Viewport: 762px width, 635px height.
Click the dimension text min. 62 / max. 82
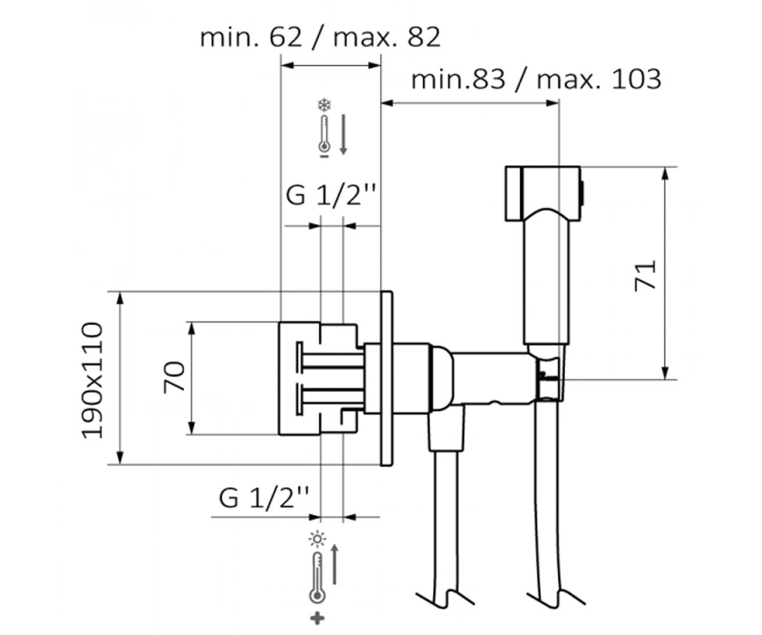coord(321,37)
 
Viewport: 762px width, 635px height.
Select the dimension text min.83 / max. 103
coord(536,79)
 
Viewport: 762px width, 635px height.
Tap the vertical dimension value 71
coord(646,276)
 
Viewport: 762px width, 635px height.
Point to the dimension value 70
coord(175,377)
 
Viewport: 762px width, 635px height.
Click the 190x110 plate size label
coord(91,380)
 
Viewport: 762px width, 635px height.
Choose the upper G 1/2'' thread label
coord(330,196)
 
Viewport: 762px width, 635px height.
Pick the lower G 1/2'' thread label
coord(264,498)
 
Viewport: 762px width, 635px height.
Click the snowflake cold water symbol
coord(324,105)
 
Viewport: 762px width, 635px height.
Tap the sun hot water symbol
coord(317,539)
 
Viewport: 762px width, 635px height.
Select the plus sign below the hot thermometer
coord(317,618)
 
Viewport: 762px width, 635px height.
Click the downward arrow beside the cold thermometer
coord(343,135)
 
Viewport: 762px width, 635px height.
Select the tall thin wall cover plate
coord(387,378)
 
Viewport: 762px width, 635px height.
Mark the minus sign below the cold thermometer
coord(324,156)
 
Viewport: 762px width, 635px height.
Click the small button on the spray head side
coord(583,193)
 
